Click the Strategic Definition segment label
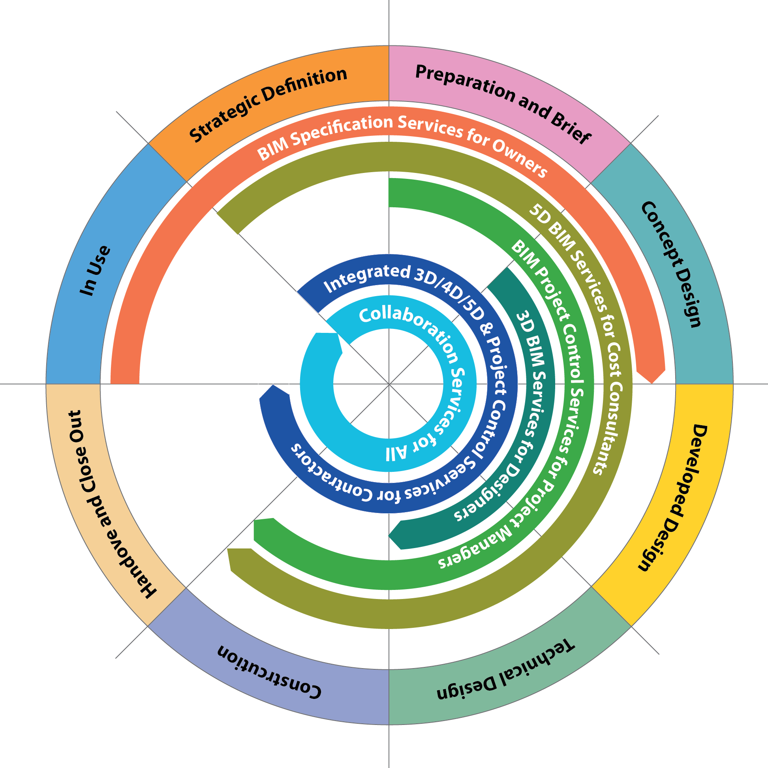tap(268, 104)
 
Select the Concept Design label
tap(671, 264)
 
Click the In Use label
tap(96, 270)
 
